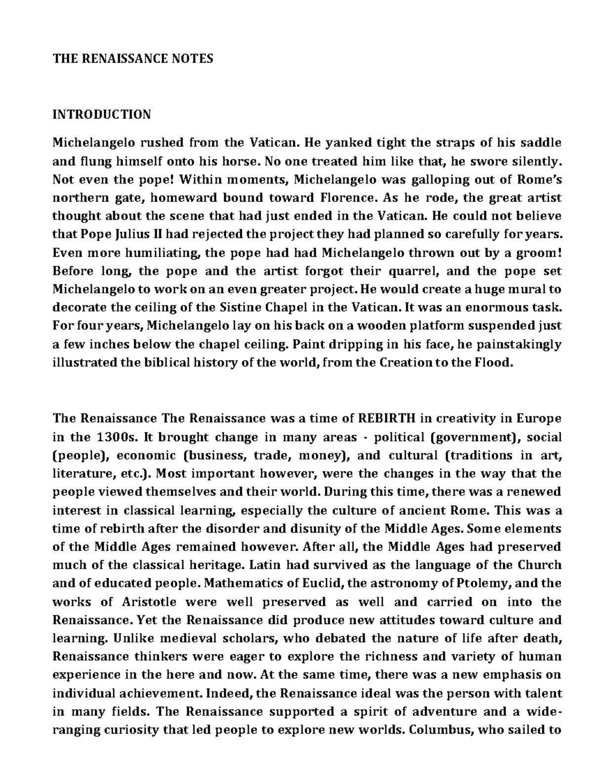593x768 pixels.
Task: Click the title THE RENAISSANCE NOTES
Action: (x=133, y=59)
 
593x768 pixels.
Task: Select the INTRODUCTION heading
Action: (x=102, y=115)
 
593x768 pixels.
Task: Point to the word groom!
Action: (x=539, y=253)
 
